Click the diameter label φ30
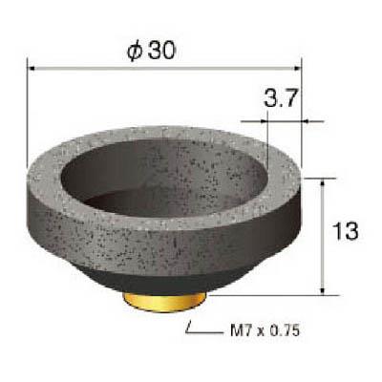pos(151,51)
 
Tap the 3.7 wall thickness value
pos(281,98)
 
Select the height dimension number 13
pos(346,231)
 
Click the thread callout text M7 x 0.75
pos(265,330)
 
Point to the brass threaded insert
pos(165,302)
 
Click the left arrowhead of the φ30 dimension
pos(31,69)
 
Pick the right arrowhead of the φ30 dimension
pos(298,69)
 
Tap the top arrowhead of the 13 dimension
pos(323,182)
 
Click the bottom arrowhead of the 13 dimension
pos(323,291)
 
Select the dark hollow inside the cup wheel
pos(162,179)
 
